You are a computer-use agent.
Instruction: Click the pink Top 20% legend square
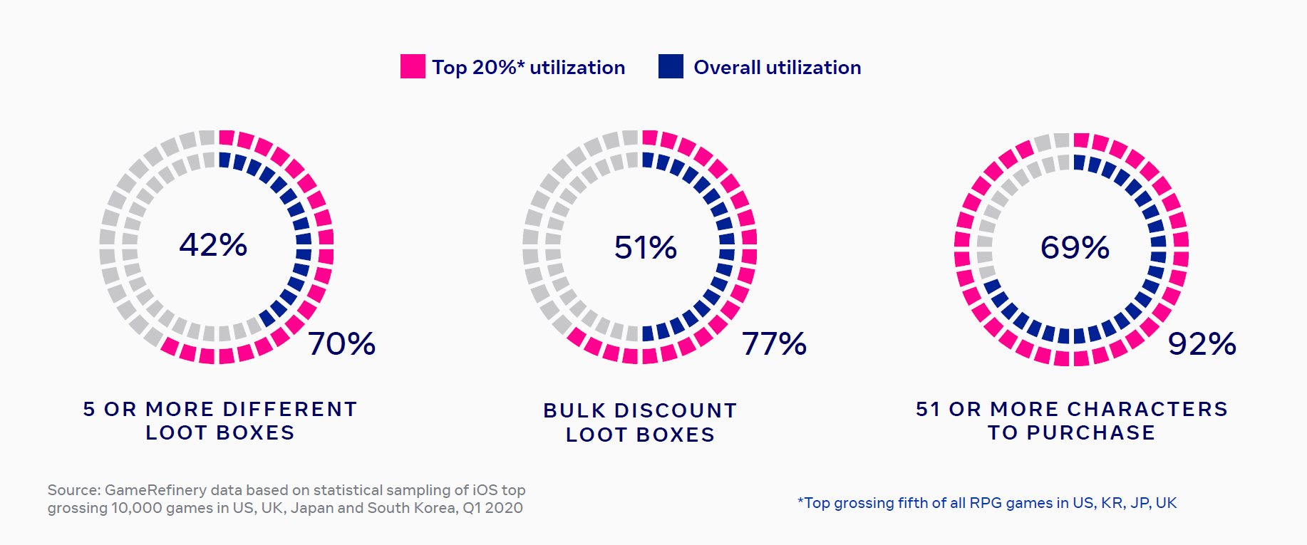413,66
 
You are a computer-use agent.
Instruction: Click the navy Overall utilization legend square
671,66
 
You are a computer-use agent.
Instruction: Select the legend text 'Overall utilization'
777,68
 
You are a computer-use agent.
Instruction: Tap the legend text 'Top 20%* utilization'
528,68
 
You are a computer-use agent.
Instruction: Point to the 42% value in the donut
213,245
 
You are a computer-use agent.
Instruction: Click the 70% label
342,344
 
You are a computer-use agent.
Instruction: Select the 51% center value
646,248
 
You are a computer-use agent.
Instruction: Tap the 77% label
774,344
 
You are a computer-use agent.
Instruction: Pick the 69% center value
1075,248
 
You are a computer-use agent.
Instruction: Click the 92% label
1202,344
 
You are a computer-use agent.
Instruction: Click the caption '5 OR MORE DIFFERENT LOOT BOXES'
220,420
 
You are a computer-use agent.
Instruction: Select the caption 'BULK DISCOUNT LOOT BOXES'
640,422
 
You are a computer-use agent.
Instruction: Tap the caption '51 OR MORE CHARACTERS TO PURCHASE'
1072,420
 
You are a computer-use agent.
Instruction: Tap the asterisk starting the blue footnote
800,502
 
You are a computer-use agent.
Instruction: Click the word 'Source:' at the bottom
73,490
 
